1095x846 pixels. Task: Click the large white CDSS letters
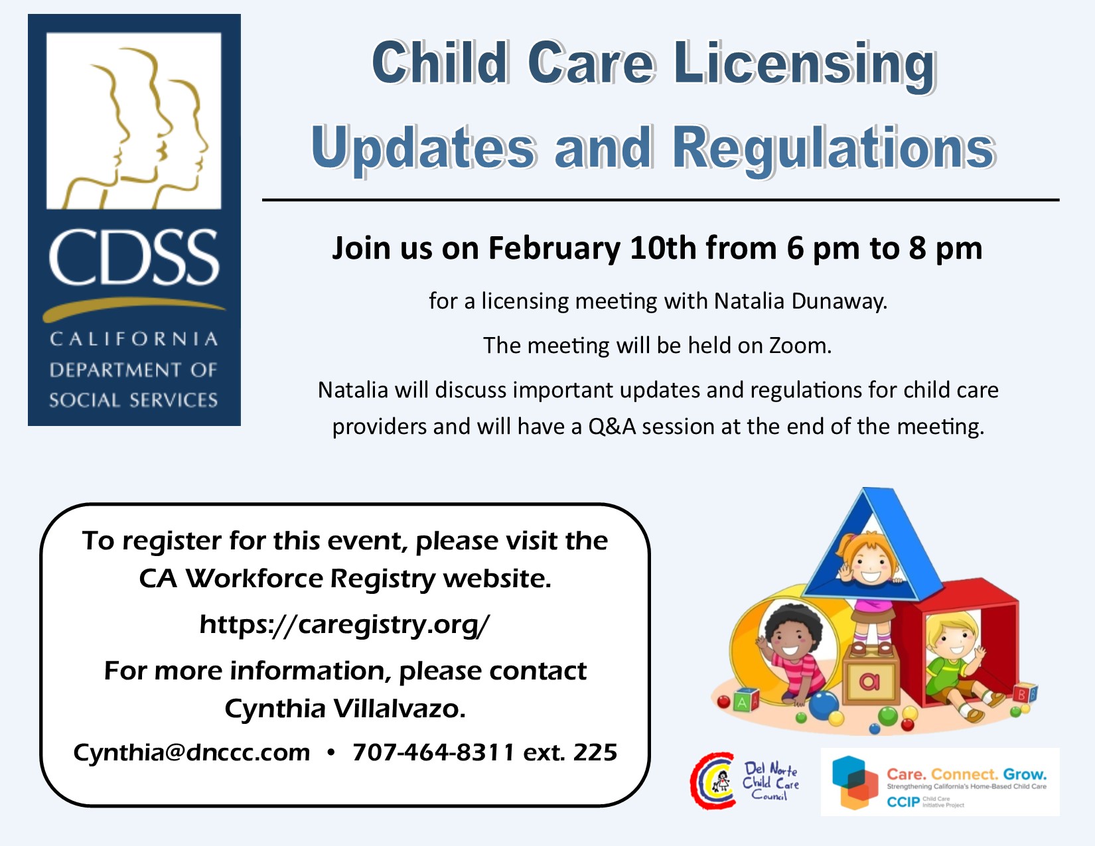pos(134,258)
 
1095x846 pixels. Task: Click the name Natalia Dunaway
pos(800,301)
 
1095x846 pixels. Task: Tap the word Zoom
pos(800,346)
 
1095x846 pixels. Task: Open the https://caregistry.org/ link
pos(344,625)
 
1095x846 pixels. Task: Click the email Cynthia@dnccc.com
pos(192,753)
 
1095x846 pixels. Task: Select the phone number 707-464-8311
pos(434,752)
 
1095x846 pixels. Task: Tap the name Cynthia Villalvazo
pos(345,709)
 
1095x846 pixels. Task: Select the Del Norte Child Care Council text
pos(770,782)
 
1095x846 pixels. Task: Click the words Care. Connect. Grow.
pos(966,774)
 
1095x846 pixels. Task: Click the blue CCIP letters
pos(903,802)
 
